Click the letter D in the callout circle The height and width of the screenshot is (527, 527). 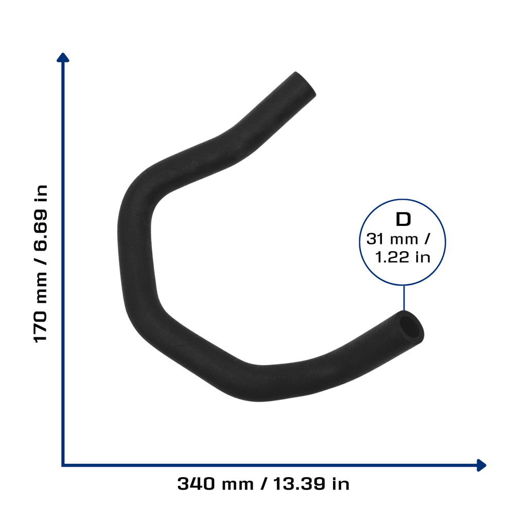click(403, 219)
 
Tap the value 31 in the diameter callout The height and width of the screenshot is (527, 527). click(375, 239)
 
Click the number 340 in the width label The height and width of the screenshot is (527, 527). click(196, 484)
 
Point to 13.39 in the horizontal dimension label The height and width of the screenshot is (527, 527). click(299, 484)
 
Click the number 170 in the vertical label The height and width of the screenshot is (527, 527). click(41, 326)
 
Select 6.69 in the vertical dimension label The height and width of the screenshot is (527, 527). click(41, 230)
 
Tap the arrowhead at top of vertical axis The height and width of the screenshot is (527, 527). click(63, 57)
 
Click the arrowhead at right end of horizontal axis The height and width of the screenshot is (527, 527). click(482, 465)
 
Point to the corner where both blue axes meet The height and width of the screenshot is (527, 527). click(63, 465)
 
